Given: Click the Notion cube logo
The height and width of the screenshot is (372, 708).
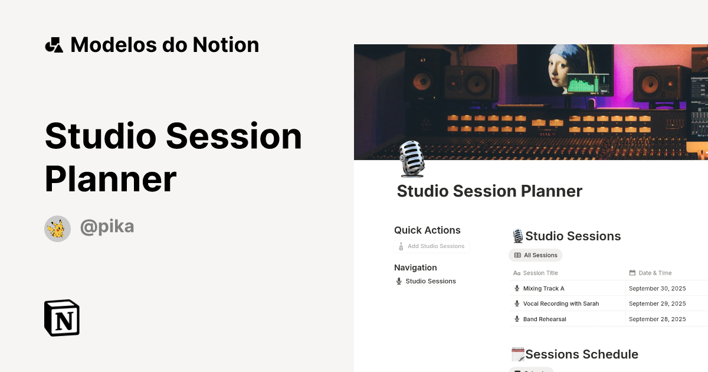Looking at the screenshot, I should point(62,318).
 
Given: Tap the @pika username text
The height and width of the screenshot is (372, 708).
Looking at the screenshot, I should point(107,227).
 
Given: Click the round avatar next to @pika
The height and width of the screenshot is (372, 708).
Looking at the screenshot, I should point(57,229).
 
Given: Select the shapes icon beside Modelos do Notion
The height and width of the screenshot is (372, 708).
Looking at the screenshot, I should point(54,45).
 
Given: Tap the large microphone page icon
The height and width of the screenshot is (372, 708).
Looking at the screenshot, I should point(412,159).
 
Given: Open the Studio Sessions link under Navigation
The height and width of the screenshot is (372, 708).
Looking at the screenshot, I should point(430,281).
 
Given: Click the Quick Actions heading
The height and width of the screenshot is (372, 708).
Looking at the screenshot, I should point(427,230).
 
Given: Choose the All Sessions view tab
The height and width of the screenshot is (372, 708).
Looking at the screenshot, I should point(536,255).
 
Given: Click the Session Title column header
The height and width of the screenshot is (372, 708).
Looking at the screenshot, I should point(540,273).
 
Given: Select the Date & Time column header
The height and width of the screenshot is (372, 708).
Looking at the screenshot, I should point(655,273).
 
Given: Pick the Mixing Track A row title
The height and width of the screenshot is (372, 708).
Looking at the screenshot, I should point(543,288).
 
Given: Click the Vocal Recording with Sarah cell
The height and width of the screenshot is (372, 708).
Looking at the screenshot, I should point(560,304).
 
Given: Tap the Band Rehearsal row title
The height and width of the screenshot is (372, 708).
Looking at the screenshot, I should point(544,319).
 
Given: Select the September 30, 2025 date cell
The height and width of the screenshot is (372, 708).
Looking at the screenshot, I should point(657,288).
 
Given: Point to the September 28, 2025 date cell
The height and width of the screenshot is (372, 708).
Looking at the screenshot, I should point(657,319).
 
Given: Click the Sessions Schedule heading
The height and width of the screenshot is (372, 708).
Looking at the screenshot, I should point(581,354).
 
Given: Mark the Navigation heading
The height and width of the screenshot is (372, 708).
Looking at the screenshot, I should point(415,267).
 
